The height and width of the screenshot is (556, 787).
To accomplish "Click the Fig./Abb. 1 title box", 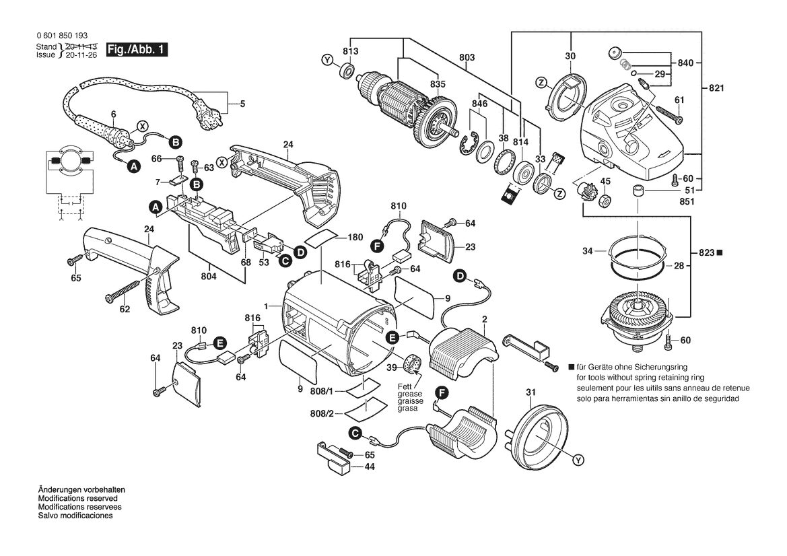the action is [x=137, y=50].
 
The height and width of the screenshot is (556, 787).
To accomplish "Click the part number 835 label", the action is [x=438, y=84].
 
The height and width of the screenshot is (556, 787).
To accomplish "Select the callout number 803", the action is [x=467, y=58].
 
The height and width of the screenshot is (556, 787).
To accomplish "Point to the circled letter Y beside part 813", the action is [x=327, y=61].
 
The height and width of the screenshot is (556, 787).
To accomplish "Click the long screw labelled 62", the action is [x=122, y=291].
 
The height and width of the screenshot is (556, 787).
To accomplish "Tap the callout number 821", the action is [x=717, y=88].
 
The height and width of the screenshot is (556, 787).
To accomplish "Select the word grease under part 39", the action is [x=409, y=394].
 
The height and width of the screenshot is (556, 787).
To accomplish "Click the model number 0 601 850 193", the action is [x=62, y=36].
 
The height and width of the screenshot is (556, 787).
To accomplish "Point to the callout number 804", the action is [x=208, y=276].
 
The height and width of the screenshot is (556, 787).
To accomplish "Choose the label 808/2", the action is [x=322, y=413].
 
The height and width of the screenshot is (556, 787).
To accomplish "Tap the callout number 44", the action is [x=370, y=466].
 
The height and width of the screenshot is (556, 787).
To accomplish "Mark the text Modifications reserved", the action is [x=78, y=498].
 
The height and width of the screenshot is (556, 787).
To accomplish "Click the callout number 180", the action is [x=355, y=238].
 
